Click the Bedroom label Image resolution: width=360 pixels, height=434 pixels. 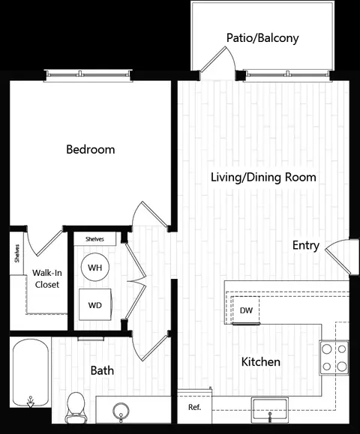click(x=91, y=149)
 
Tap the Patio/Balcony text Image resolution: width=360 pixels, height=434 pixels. click(x=262, y=38)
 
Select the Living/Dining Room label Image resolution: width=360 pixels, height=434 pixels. click(x=263, y=177)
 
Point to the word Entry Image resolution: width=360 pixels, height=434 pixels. click(x=306, y=245)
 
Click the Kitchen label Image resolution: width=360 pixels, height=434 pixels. click(x=260, y=362)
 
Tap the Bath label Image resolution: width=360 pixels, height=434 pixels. click(x=102, y=370)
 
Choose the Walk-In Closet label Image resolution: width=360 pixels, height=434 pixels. click(x=47, y=279)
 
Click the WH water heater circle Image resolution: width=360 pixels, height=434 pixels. click(x=95, y=267)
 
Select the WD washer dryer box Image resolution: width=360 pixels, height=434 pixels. click(x=95, y=305)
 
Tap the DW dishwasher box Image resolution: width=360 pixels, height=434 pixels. click(x=246, y=310)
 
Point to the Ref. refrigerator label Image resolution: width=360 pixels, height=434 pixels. click(x=195, y=407)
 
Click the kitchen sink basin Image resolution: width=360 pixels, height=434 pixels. click(x=270, y=410)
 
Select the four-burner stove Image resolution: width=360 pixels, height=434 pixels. click(x=334, y=358)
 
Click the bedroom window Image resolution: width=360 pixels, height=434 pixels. click(x=88, y=75)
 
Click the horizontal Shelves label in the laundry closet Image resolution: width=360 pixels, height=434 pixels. click(x=94, y=239)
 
